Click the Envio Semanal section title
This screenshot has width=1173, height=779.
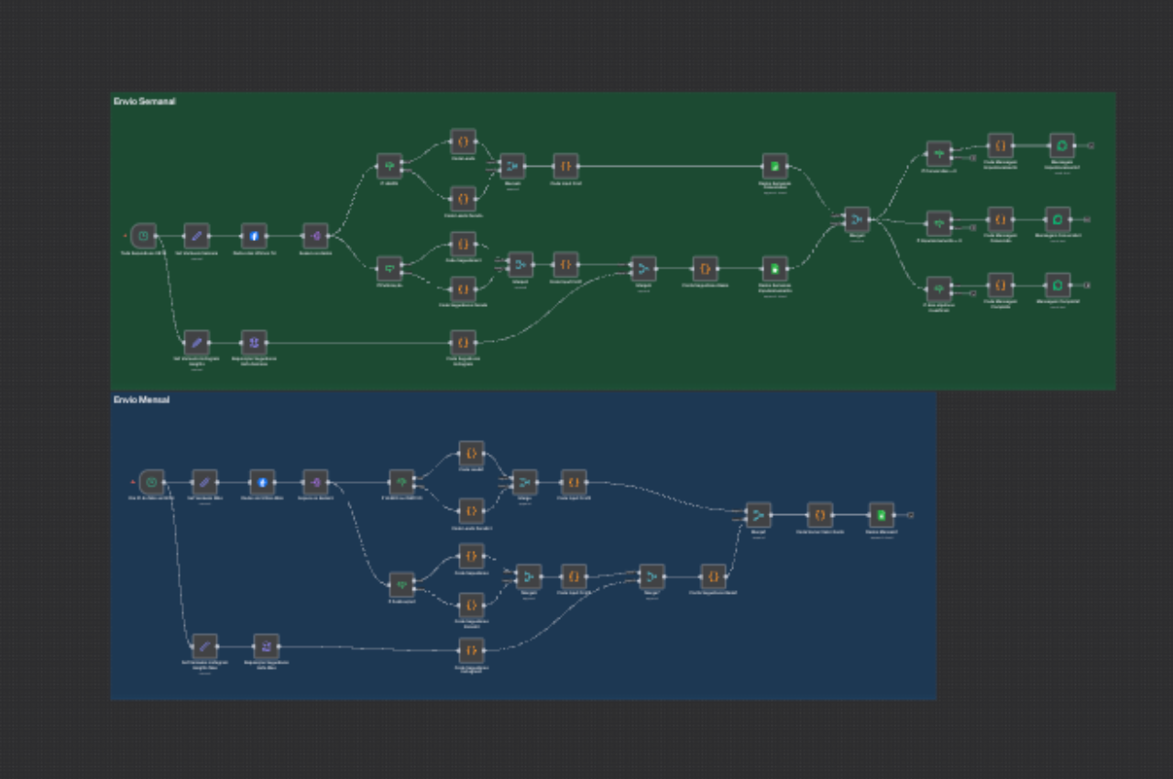coord(144,102)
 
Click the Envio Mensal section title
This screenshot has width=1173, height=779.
coord(141,400)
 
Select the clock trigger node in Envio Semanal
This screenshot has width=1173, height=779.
coord(144,236)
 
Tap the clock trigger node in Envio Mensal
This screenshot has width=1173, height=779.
coord(152,482)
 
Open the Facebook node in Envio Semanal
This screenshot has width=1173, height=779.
coord(254,236)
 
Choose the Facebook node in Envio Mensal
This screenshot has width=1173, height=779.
coord(262,482)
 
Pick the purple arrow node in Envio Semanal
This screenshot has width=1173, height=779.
coord(315,236)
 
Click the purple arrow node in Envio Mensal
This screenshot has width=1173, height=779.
coord(315,482)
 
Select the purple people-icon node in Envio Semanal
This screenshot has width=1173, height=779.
coord(254,343)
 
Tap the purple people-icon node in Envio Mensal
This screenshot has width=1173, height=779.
coord(266,646)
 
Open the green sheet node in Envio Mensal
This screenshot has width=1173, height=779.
coord(882,514)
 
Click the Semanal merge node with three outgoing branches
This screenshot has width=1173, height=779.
coord(857,220)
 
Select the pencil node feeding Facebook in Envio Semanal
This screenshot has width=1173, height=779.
coord(196,236)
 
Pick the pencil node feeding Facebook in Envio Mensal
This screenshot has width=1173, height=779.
coord(204,482)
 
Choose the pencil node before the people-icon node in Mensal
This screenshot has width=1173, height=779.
coord(204,646)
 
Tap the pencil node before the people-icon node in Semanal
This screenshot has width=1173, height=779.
coord(196,343)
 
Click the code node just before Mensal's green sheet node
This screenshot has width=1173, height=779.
coord(820,514)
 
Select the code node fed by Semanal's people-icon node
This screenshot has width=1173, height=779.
coord(463,343)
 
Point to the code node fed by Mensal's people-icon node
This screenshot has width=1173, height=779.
coord(471,651)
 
